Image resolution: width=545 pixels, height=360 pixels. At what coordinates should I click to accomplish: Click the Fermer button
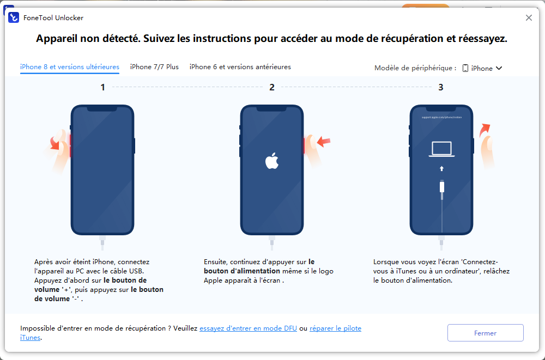[x=485, y=333]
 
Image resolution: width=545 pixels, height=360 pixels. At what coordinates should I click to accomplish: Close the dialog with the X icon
[x=529, y=18]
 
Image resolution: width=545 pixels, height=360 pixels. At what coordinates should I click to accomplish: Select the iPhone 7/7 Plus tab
[x=154, y=67]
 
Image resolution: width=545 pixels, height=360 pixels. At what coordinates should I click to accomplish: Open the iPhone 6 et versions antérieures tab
[x=240, y=67]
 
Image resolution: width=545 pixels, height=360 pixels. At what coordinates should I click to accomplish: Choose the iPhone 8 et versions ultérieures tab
[x=70, y=67]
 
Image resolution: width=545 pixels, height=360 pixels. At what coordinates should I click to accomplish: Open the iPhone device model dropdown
[x=482, y=68]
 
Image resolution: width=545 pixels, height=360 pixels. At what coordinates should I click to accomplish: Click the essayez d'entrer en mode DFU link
[x=248, y=328]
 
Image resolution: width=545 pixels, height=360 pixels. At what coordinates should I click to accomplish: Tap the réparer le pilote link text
[x=335, y=328]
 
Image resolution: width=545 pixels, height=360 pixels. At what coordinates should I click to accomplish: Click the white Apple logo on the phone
[x=272, y=161]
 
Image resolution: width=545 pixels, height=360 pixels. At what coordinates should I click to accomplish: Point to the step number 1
[x=102, y=87]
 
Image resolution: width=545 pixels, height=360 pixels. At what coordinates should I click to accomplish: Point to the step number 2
[x=272, y=87]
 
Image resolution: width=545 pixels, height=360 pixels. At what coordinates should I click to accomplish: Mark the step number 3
[x=441, y=87]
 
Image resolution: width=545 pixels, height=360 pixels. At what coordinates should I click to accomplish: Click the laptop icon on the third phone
[x=441, y=149]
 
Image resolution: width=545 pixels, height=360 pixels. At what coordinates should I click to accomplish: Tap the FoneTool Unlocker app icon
[x=14, y=17]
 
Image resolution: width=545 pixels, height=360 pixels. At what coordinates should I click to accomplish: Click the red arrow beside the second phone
[x=324, y=141]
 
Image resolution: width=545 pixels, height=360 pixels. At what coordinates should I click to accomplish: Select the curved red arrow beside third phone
[x=485, y=130]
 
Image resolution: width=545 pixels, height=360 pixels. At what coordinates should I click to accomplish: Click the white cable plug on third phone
[x=442, y=187]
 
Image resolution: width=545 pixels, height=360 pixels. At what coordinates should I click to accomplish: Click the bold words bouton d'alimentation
[x=242, y=271]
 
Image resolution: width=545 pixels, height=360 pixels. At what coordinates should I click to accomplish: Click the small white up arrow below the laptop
[x=442, y=168]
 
